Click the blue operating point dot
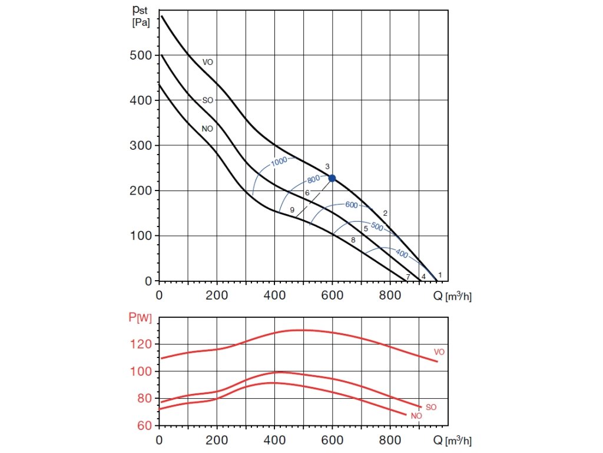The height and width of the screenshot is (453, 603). tap(332, 178)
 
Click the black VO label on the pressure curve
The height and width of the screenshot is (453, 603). tap(207, 62)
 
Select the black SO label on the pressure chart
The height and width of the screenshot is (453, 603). tap(207, 101)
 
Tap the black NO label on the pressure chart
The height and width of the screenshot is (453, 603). tap(207, 128)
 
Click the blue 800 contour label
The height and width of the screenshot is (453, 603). tap(313, 179)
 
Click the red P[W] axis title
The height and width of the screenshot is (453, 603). tap(140, 318)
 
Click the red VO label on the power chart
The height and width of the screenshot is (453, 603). tap(439, 352)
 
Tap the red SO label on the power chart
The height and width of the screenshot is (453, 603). tap(431, 407)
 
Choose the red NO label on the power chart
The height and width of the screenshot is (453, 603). tap(416, 416)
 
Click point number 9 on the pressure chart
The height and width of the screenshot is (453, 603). tap(292, 210)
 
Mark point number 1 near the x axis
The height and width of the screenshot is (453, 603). tap(440, 275)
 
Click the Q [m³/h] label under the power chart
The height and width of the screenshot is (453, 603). tap(453, 440)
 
